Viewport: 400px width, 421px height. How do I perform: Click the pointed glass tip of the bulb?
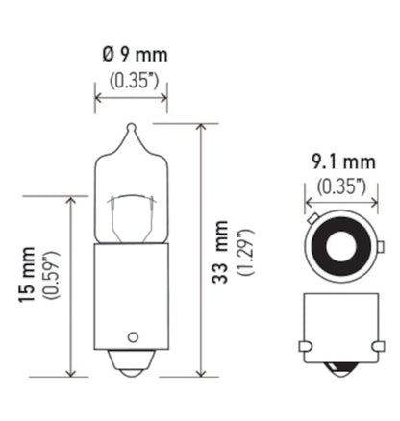(131, 128)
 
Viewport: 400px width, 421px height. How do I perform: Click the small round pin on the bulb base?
(133, 338)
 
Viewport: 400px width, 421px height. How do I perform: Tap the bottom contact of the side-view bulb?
(132, 367)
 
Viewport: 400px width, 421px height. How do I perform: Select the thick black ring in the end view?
(338, 248)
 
